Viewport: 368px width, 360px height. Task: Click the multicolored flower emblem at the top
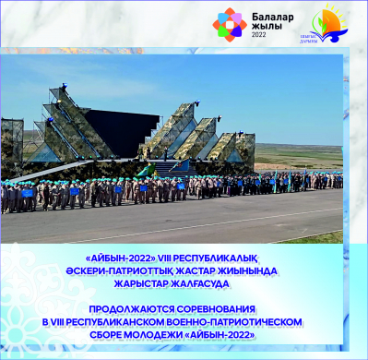pyautogui.click(x=230, y=25)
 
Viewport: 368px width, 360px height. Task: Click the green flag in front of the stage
pyautogui.click(x=143, y=173)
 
